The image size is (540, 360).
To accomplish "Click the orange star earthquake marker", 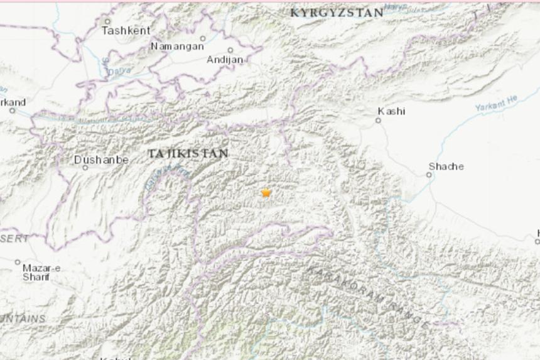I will pos(266,193).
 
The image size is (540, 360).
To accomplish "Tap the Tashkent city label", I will pos(126,30).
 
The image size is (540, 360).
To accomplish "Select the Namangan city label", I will pos(177,46).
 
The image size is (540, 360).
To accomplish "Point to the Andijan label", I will pos(225,60).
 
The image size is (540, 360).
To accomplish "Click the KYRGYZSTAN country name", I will pos(337,13).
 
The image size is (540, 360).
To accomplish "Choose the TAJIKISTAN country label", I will pos(188,153).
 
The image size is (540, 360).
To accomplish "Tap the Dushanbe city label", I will pos(101,160).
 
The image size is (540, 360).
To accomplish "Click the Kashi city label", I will pos(391,111).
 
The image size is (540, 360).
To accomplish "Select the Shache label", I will pos(446,166).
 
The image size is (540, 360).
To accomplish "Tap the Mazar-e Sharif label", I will pos(41,272).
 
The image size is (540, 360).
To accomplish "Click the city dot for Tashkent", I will pos(107,21).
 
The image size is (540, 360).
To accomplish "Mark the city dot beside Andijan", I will pos(230,50).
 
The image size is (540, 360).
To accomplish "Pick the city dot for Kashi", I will pos(379,120).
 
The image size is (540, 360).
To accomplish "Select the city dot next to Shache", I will pos(429,175).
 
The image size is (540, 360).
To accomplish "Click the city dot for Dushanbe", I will pos(85,168).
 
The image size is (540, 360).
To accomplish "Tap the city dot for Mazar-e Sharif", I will pos(18,262).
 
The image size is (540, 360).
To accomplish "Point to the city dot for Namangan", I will pos(202,38).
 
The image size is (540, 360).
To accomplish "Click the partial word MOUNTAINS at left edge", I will pos(23,319).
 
